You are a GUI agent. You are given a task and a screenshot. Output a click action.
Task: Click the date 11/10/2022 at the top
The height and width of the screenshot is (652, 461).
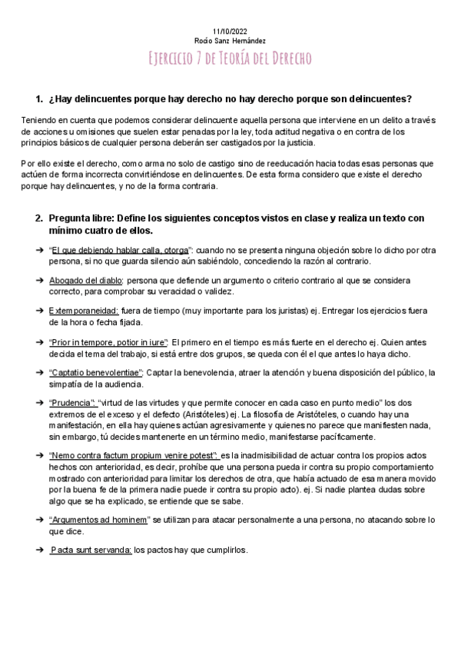pyautogui.click(x=230, y=30)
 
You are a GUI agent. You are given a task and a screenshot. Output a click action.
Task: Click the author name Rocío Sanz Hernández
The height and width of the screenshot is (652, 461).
pyautogui.click(x=230, y=40)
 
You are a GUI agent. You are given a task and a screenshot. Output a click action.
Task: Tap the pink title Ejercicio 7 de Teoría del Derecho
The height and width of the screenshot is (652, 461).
pyautogui.click(x=230, y=59)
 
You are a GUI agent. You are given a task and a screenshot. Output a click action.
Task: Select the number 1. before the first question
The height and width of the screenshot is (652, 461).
pyautogui.click(x=41, y=98)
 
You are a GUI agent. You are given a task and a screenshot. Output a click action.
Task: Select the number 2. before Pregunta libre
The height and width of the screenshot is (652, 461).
pyautogui.click(x=41, y=218)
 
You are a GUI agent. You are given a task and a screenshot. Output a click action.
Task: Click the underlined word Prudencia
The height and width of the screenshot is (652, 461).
pyautogui.click(x=72, y=401)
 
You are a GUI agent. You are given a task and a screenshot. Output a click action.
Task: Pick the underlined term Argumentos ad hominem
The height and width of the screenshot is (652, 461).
pyautogui.click(x=98, y=519)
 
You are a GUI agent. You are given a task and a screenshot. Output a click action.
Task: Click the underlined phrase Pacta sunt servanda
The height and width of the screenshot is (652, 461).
pyautogui.click(x=91, y=550)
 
